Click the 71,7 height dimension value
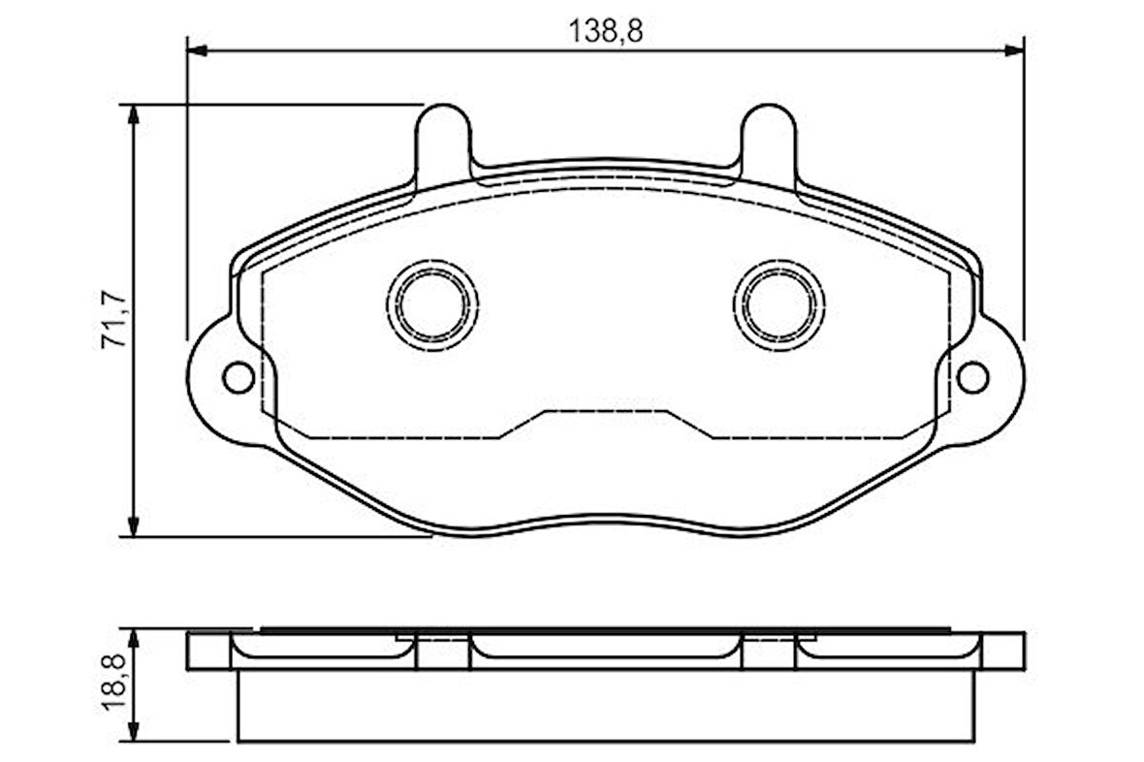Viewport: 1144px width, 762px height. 115,319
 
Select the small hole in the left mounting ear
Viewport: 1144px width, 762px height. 238,377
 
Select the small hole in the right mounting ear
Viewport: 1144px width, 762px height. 972,377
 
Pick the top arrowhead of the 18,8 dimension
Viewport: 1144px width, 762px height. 134,639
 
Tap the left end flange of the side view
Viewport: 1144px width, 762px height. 208,651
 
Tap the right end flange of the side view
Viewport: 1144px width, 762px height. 1002,651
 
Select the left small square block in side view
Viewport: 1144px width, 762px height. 443,652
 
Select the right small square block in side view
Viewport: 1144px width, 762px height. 768,652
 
